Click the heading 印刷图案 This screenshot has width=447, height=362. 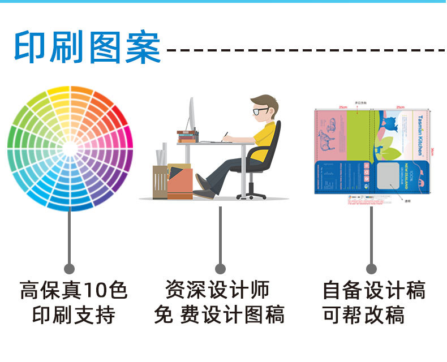(88, 48)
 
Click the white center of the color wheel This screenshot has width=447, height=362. (70, 148)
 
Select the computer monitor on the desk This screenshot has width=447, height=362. (191, 116)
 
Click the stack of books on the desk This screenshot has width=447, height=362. (187, 136)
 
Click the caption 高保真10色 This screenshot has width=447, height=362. (74, 291)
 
